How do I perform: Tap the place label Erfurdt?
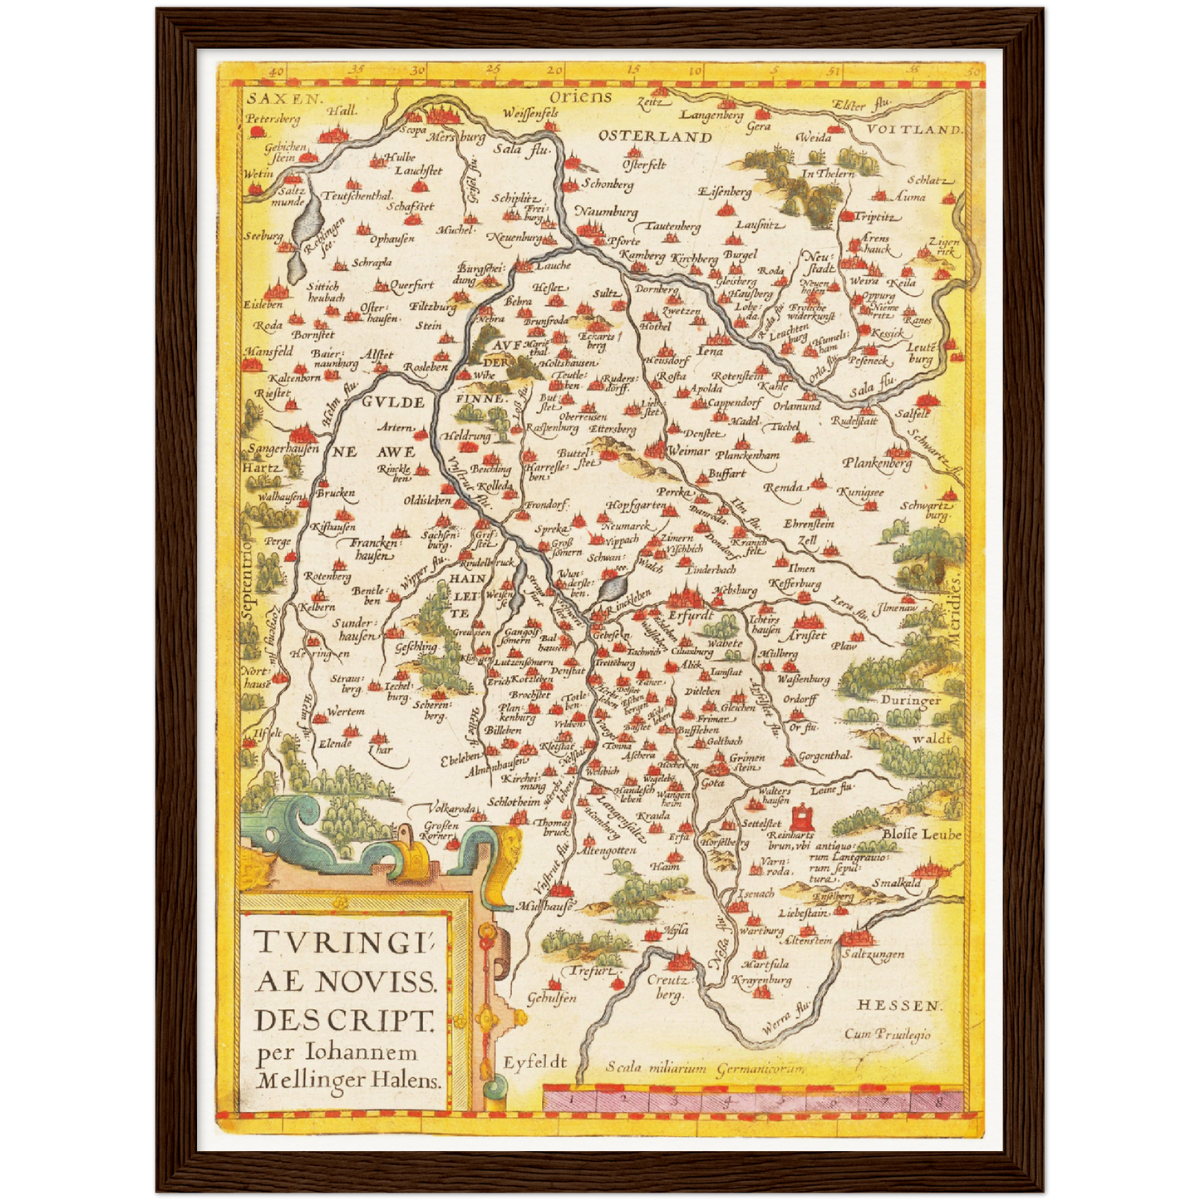(x=691, y=616)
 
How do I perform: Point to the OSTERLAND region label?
(x=655, y=137)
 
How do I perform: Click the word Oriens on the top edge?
(x=580, y=97)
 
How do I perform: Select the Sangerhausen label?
(x=283, y=449)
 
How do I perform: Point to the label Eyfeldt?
(x=534, y=1062)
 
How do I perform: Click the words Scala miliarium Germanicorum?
(x=705, y=1069)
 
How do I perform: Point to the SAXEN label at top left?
(x=270, y=98)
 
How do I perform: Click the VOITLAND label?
(x=915, y=130)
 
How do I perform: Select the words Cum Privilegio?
(x=888, y=1035)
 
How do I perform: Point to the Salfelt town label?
(x=913, y=413)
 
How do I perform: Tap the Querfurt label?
(x=411, y=285)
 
